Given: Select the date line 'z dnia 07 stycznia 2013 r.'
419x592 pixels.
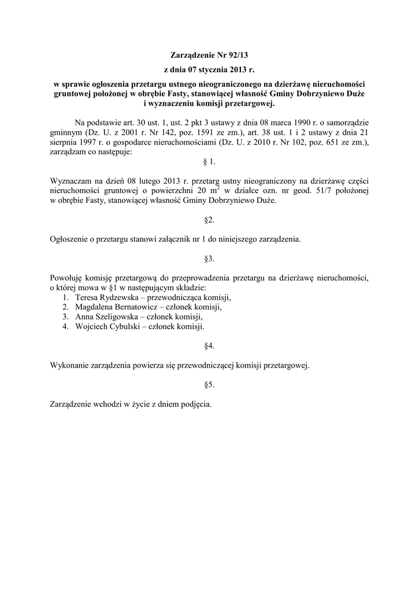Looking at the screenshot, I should coord(209,70).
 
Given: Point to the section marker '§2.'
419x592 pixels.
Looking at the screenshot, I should coord(209,220).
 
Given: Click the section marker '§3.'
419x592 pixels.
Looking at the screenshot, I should coord(209,258).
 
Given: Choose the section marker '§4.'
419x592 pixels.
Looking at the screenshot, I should coord(209,346).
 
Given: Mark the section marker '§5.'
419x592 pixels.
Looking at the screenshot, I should coord(209,384).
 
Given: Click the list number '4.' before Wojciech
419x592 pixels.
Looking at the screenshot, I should coord(65,327).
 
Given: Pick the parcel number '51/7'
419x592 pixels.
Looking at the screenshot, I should coord(307,191).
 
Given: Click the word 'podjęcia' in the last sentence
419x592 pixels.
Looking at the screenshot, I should coord(195,404).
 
